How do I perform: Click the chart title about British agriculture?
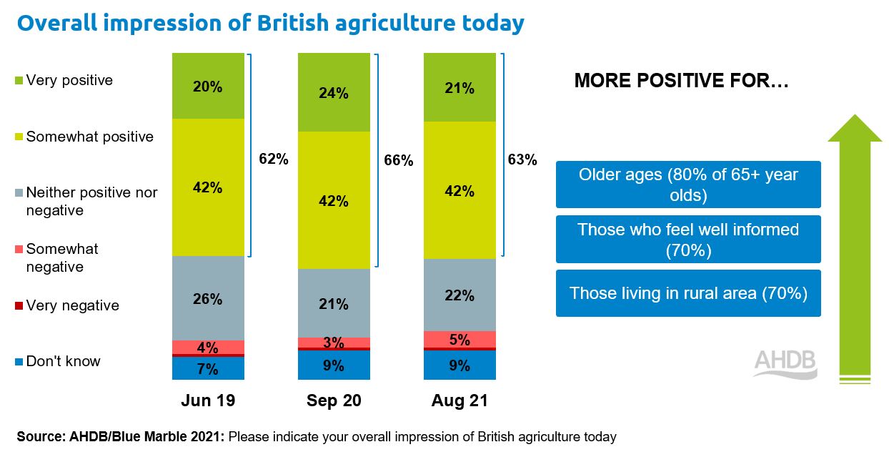[x=270, y=23]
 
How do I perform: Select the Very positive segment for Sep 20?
[x=334, y=93]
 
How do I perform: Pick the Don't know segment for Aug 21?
[x=460, y=365]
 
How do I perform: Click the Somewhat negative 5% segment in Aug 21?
[x=460, y=339]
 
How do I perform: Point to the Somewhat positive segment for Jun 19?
[x=208, y=187]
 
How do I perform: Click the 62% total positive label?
[x=274, y=159]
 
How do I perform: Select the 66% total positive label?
[x=399, y=160]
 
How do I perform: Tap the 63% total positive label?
[x=522, y=159]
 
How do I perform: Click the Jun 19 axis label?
[x=207, y=401]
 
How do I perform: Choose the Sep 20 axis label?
[x=334, y=401]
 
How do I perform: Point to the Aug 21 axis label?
[x=460, y=401]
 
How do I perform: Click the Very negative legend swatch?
[x=19, y=306]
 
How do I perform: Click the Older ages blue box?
[x=688, y=185]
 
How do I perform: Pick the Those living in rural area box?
[x=688, y=293]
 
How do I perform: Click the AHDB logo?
[x=785, y=363]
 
